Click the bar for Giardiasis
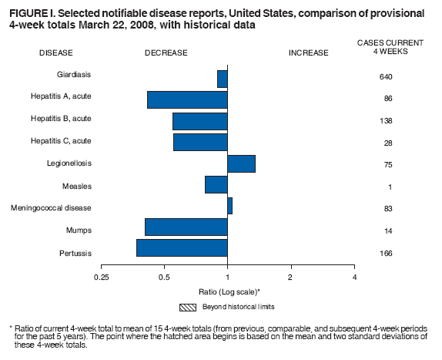coord(223,79)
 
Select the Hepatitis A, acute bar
coord(187,100)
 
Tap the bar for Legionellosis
coord(241,163)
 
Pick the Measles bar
coord(216,184)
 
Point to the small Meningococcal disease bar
coord(229,206)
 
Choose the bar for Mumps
coord(186,227)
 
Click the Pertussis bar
coord(182,247)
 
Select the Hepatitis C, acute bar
coord(200,142)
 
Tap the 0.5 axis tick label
coord(164,277)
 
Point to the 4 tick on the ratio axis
coord(354,277)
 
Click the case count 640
coord(387,78)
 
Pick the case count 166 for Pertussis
coord(387,253)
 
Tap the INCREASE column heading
coord(308,53)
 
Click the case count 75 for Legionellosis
coord(387,164)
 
